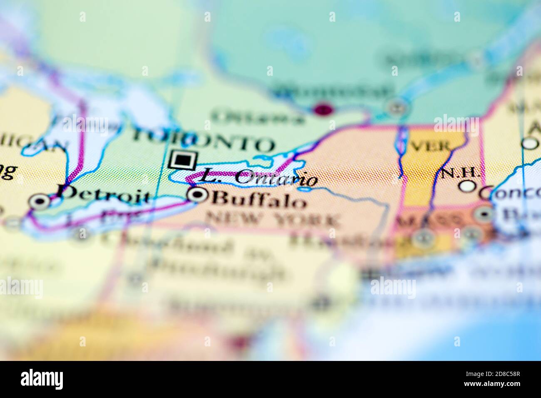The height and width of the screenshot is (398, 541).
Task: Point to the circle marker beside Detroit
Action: [40, 201]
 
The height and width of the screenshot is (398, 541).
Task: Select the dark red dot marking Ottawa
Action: [323, 110]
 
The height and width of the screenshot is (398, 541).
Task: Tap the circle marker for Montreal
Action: [395, 108]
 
